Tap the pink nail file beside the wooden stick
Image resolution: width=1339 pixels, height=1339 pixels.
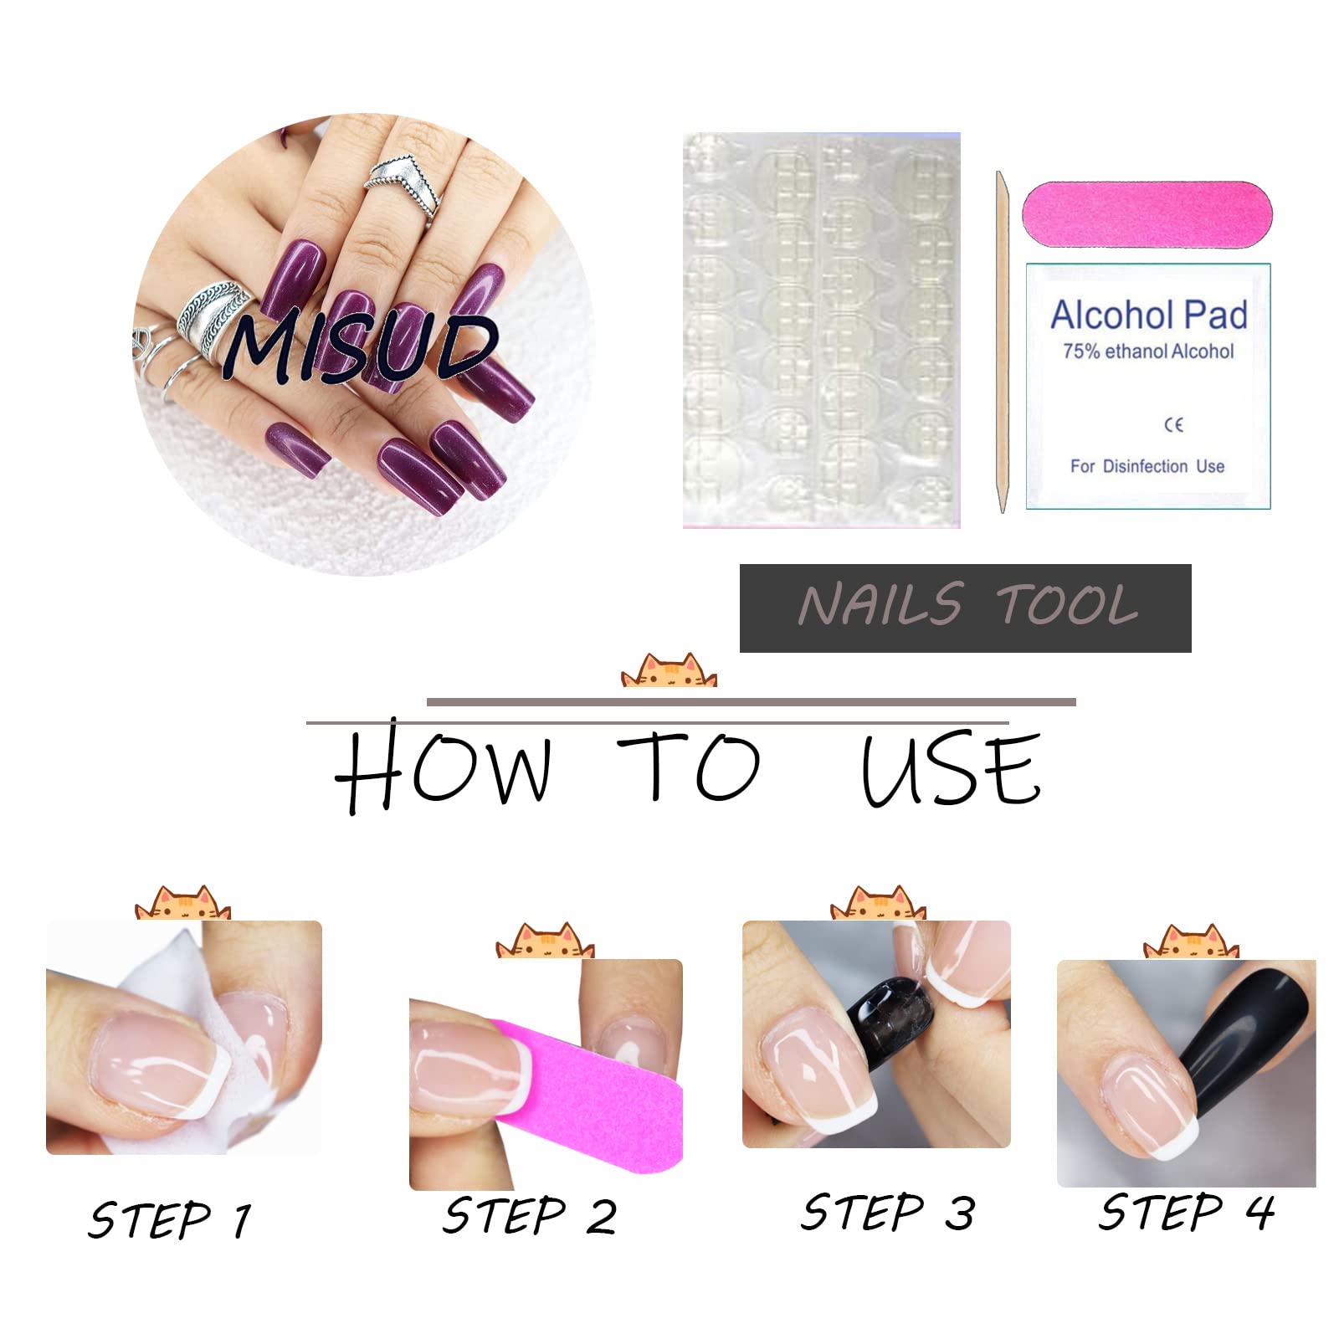pos(1147,213)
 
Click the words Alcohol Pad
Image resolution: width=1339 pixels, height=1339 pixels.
pos(1149,316)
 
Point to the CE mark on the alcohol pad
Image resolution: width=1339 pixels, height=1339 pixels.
pos(1174,425)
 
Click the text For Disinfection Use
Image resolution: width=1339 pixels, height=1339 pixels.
pos(1147,466)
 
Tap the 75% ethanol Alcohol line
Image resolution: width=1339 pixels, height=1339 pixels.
pos(1148,351)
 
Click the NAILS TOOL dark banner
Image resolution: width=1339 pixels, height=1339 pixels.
pos(965,608)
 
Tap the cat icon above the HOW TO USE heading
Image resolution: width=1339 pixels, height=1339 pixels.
pos(669,670)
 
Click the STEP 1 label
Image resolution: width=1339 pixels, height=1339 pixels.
pos(170,1219)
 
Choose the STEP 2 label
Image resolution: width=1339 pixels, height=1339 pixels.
pos(529,1215)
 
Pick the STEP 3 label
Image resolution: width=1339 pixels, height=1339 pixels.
pos(887,1212)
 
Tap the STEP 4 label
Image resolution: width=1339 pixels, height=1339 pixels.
pos(1187,1212)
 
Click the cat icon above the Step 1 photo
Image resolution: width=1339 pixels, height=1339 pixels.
pos(182,904)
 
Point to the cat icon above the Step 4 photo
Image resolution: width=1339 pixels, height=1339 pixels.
pos(1191,942)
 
